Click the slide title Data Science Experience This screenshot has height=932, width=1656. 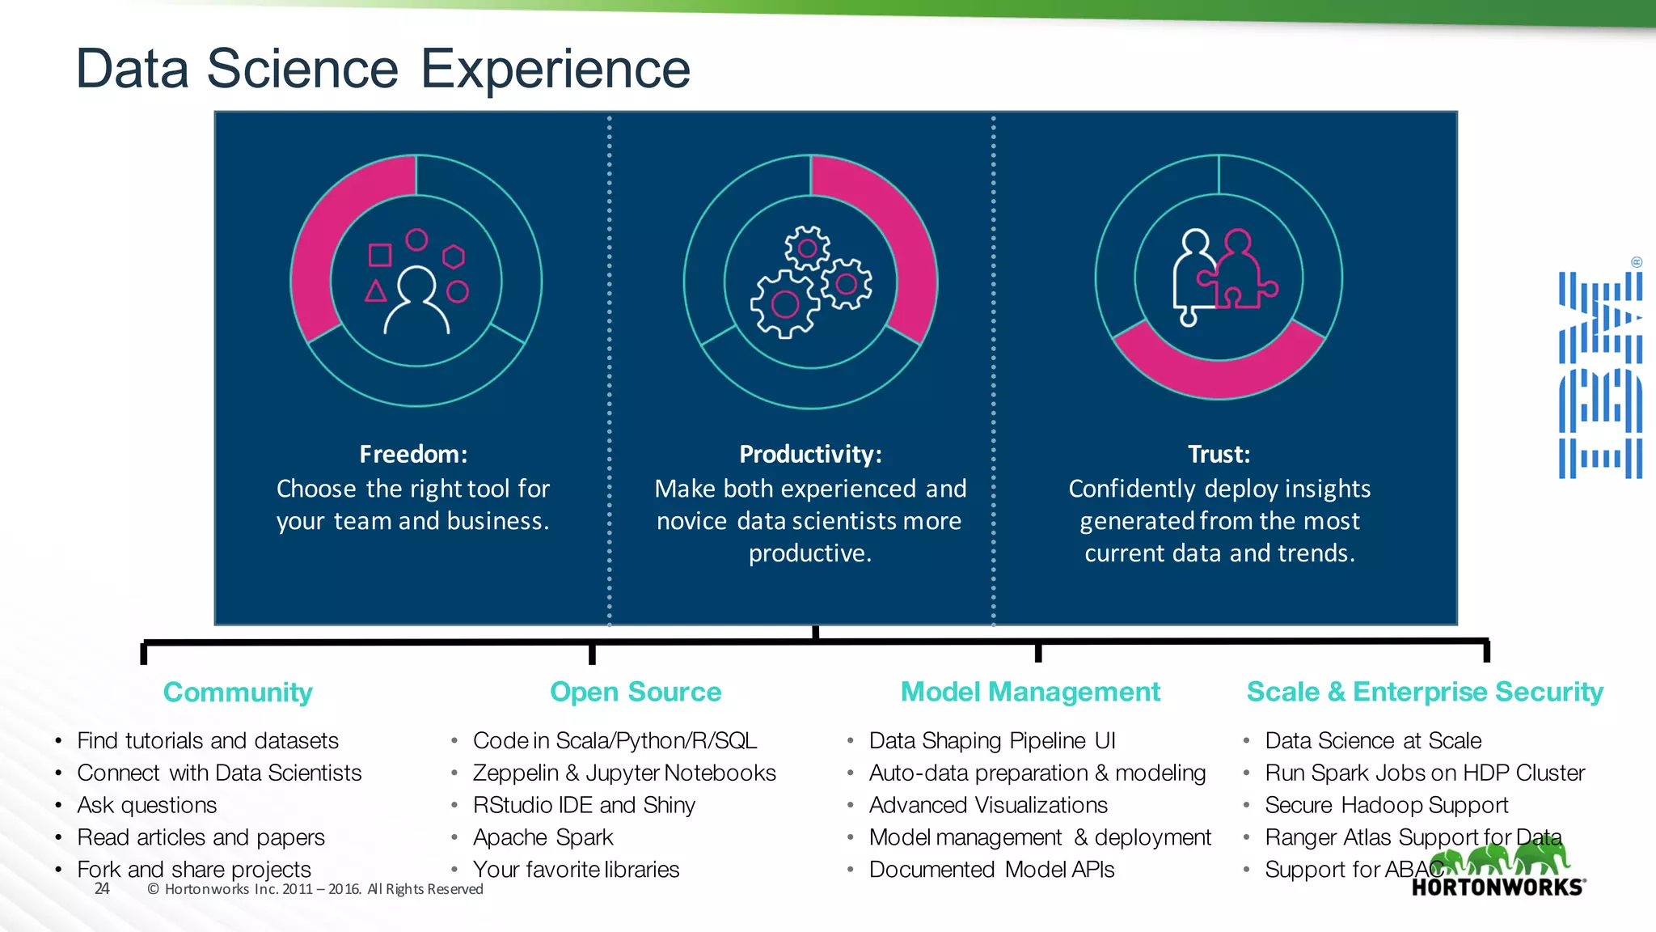point(382,69)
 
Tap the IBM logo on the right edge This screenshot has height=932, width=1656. point(1600,375)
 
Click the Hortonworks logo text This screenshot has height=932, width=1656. point(1498,888)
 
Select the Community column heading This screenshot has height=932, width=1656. point(238,693)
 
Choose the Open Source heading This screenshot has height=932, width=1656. point(636,693)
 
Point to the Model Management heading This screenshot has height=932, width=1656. point(1030,693)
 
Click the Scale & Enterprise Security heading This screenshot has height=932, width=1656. point(1425,693)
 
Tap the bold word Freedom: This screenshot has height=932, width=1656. point(413,455)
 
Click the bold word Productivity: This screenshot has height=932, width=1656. point(810,455)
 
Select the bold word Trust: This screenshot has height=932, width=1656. point(1219,455)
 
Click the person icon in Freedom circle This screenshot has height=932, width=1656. point(416,301)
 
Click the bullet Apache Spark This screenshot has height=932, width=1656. point(543,837)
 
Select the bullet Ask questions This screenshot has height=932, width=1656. point(147,806)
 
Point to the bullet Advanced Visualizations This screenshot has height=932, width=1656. point(988,806)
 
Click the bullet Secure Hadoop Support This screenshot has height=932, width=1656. point(1386,806)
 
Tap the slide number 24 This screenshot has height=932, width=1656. point(102,889)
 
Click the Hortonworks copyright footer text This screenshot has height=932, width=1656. point(315,889)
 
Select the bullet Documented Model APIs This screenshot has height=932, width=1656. point(991,870)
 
